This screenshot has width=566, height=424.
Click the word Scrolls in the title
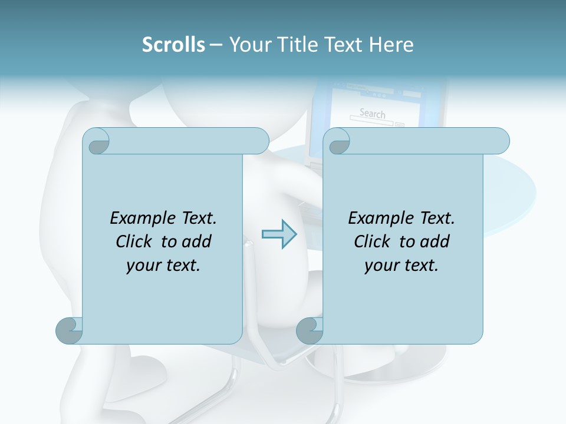173,45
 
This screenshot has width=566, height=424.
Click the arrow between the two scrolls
279,234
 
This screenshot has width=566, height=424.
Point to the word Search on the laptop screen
372,113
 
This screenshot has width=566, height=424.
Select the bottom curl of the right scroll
310,330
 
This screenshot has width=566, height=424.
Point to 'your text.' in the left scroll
163,266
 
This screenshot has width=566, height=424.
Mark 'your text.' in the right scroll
401,266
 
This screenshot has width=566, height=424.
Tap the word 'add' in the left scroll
196,241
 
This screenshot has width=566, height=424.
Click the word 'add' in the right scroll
435,241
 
